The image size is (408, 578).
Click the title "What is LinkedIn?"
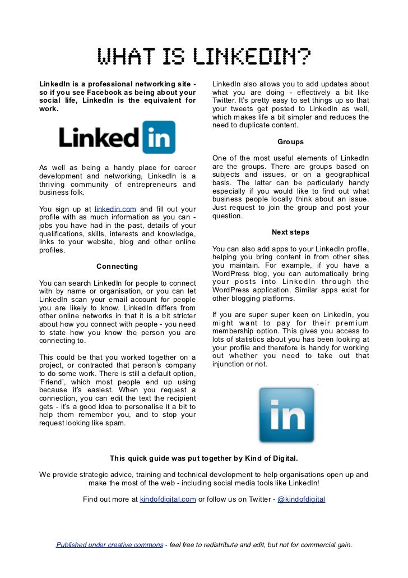[x=204, y=57]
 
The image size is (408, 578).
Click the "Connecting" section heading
[x=117, y=266]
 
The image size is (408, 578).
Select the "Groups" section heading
[x=290, y=142]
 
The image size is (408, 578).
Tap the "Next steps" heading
[x=290, y=232]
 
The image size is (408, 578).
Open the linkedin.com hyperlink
[x=115, y=209]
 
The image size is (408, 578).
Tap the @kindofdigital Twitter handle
[x=301, y=499]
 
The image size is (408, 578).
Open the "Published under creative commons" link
[x=109, y=544]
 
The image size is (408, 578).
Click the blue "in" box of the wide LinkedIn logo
[x=159, y=137]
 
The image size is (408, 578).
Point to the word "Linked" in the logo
[x=99, y=137]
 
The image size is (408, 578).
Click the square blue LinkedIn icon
[x=286, y=414]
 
